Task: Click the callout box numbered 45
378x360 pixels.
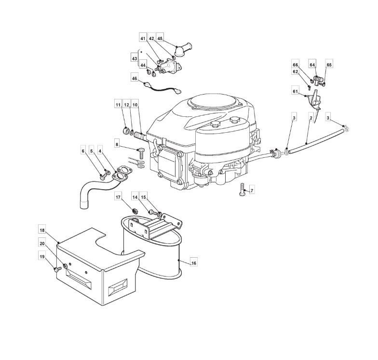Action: (160, 39)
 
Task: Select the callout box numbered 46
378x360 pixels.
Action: (135, 78)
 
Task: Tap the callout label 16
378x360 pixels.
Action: (194, 263)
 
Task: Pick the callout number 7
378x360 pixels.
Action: (252, 191)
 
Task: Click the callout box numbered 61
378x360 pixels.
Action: (295, 92)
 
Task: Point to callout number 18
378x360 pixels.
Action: (42, 231)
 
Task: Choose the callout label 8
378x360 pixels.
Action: (117, 145)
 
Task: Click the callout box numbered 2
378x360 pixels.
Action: (311, 118)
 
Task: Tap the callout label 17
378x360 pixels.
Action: (118, 197)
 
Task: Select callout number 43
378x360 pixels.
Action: (135, 59)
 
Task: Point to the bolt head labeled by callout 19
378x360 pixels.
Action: (57, 269)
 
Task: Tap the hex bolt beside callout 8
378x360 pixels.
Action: (141, 153)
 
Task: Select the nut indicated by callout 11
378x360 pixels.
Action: (126, 130)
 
